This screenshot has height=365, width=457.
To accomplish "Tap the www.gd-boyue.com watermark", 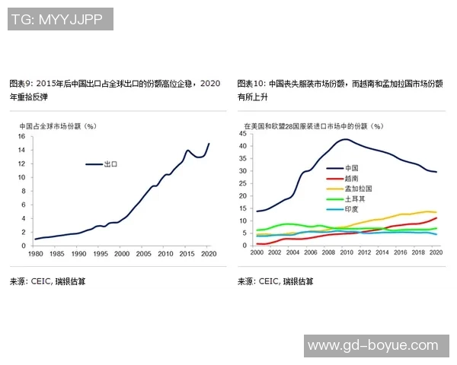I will (x=377, y=345).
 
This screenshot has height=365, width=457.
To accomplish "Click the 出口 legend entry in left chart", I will (x=110, y=163).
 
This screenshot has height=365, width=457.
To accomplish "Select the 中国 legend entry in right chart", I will (x=352, y=167).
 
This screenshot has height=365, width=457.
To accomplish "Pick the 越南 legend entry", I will (x=352, y=177).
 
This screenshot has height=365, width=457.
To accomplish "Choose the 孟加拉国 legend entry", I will (x=357, y=188).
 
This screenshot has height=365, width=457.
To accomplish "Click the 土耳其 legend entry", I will (x=354, y=198).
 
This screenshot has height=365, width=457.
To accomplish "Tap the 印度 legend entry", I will (x=352, y=209).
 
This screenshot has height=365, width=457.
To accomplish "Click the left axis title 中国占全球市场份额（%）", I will (x=58, y=126).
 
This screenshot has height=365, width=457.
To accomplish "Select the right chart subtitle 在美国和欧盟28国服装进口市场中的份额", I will (x=313, y=125).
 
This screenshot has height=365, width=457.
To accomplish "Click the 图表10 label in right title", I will (x=251, y=83).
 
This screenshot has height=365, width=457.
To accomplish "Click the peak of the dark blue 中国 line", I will (x=346, y=139).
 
